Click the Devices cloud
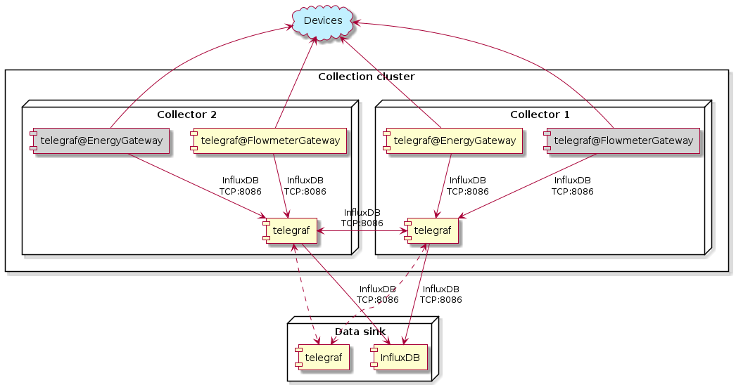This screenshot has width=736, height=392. click(x=323, y=21)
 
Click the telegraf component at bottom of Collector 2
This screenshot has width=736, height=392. click(x=291, y=230)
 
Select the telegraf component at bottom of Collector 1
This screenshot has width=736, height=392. click(x=433, y=230)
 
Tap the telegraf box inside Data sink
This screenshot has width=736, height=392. click(x=323, y=358)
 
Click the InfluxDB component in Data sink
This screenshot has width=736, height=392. click(x=400, y=358)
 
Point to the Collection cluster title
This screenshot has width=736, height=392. click(x=366, y=77)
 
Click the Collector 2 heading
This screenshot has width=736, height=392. click(x=186, y=115)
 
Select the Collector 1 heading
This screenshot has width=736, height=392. click(x=540, y=115)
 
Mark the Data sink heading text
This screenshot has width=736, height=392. click(x=359, y=332)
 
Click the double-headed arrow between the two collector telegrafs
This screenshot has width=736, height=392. click(x=362, y=230)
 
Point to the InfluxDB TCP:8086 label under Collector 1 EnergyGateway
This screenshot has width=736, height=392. click(x=467, y=185)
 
